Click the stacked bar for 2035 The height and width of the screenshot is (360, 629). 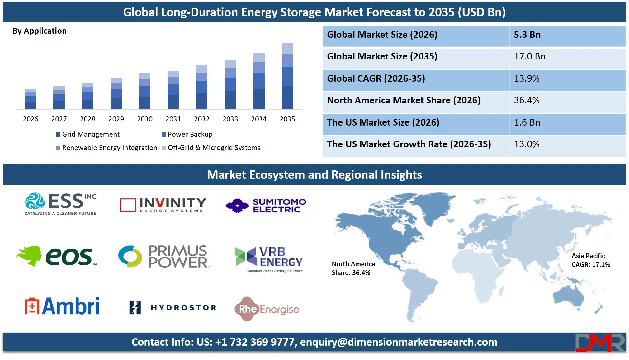tap(287, 76)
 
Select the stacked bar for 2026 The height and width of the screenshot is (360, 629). tap(31, 99)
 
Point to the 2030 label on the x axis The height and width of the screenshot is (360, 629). tap(144, 119)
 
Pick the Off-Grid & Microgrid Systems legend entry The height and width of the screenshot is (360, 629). tap(211, 148)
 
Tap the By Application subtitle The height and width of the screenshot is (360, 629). tap(40, 31)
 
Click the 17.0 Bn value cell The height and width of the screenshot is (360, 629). tap(567, 57)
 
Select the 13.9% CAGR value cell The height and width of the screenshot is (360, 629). tap(567, 78)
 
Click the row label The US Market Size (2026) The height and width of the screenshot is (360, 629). tap(383, 122)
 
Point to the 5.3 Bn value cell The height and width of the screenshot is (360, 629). tap(567, 35)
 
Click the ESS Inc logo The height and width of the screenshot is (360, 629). tap(60, 204)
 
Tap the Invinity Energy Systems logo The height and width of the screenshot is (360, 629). tap(163, 205)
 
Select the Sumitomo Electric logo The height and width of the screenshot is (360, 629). tap(266, 206)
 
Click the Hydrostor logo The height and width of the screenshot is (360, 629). tap(173, 307)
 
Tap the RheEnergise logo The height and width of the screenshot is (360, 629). tap(267, 309)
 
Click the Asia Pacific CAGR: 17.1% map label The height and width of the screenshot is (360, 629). tap(590, 260)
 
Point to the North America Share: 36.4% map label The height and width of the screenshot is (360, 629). tap(353, 268)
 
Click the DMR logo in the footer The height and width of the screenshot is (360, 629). tap(600, 343)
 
